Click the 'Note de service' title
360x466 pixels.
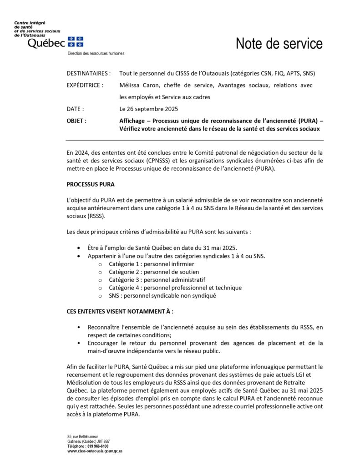coord(279,44)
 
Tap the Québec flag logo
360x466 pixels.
coord(75,42)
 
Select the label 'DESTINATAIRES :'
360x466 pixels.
coord(88,73)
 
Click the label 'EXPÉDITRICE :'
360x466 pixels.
coord(85,85)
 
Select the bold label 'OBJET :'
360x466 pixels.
coord(76,121)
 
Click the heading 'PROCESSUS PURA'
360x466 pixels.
coord(91,184)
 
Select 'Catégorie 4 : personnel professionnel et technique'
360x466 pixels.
coord(175,288)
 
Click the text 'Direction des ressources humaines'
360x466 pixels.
coord(96,53)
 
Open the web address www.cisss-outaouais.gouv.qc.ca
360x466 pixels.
coord(95,451)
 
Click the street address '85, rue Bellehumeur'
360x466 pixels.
coord(83,436)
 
